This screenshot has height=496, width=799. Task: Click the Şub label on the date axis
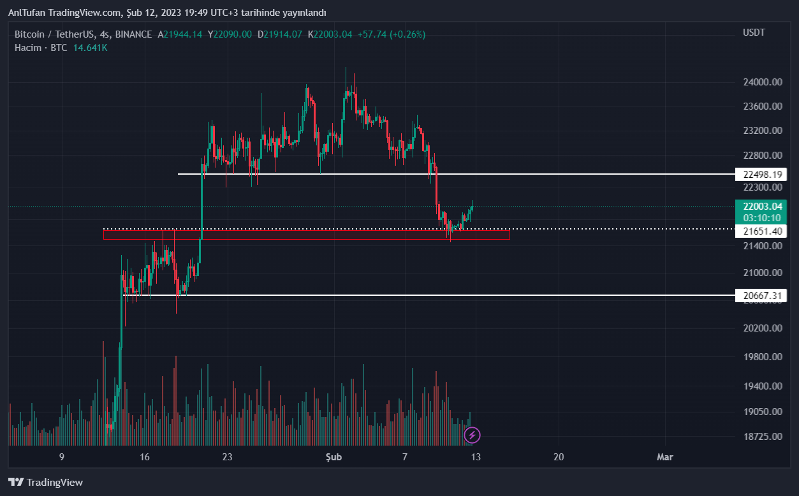pos(334,456)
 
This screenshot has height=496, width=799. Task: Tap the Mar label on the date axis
pos(664,456)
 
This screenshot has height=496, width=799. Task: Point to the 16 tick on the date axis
pos(145,456)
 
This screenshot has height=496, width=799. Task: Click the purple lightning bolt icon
pos(472,435)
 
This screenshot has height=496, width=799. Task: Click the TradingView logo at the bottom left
pos(45,482)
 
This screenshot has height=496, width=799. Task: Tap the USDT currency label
pos(754,33)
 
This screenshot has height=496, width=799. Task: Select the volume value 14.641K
pos(90,48)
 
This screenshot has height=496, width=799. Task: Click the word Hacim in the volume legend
pos(28,48)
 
